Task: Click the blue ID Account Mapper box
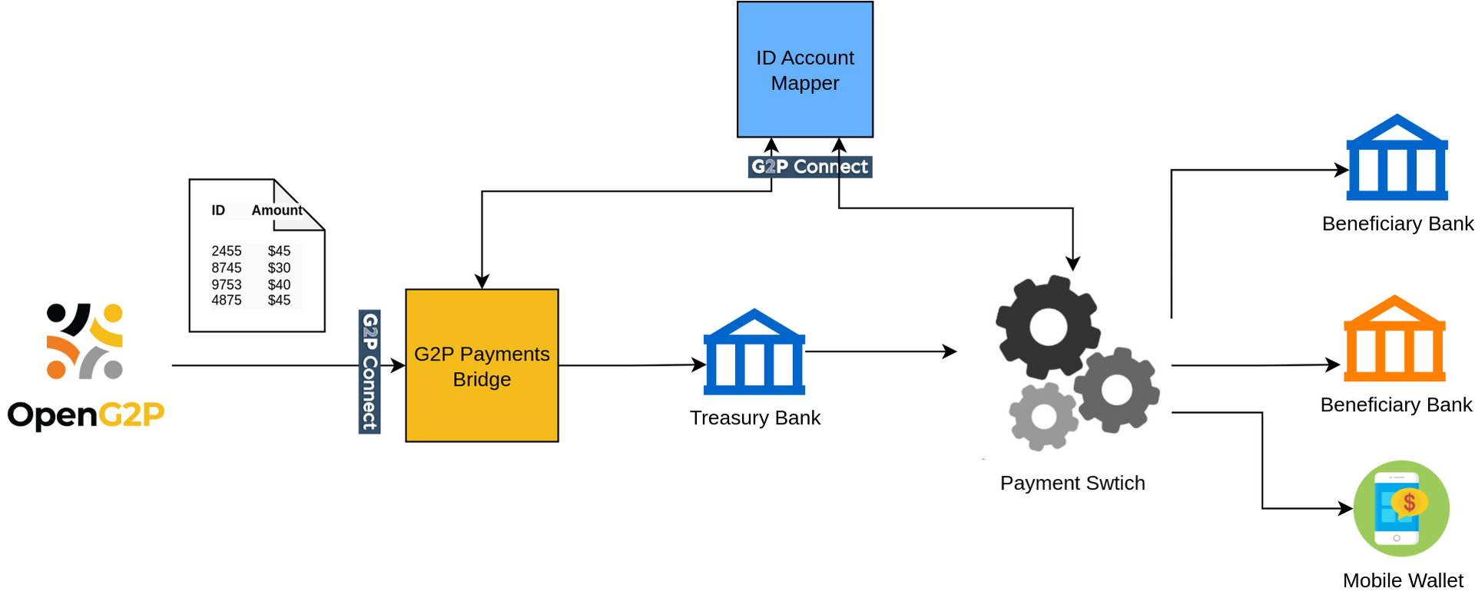pos(804,69)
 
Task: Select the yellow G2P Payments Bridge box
pos(482,366)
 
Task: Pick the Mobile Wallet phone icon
pos(1400,508)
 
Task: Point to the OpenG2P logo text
pos(86,415)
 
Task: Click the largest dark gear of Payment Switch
pos(1048,327)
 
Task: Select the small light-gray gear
pos(1043,417)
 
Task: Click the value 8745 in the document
pos(227,268)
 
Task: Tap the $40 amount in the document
pos(279,285)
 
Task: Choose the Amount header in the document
pos(277,211)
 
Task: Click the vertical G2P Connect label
pos(370,371)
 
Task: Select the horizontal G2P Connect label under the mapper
pos(810,167)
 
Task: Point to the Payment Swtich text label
pos(1072,484)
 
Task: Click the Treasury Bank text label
pos(754,418)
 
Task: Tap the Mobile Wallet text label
pos(1403,581)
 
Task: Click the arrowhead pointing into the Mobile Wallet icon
pos(1346,508)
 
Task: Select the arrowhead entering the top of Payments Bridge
pos(482,282)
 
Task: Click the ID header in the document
pos(218,211)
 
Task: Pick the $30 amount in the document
pos(279,268)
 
